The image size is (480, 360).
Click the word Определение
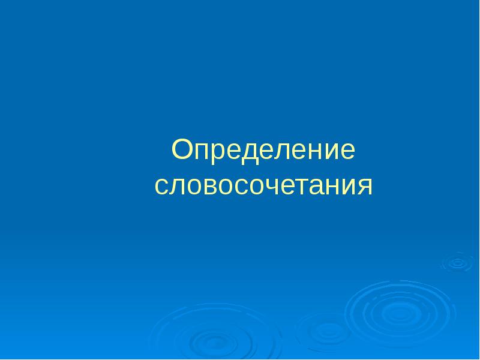[263, 151]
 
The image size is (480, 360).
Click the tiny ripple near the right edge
[457, 262]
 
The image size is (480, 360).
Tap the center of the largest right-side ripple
[400, 313]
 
